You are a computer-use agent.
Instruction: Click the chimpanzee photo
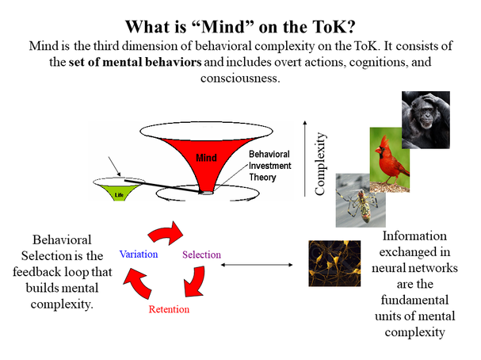click(425, 119)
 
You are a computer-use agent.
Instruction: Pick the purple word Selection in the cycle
click(201, 255)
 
